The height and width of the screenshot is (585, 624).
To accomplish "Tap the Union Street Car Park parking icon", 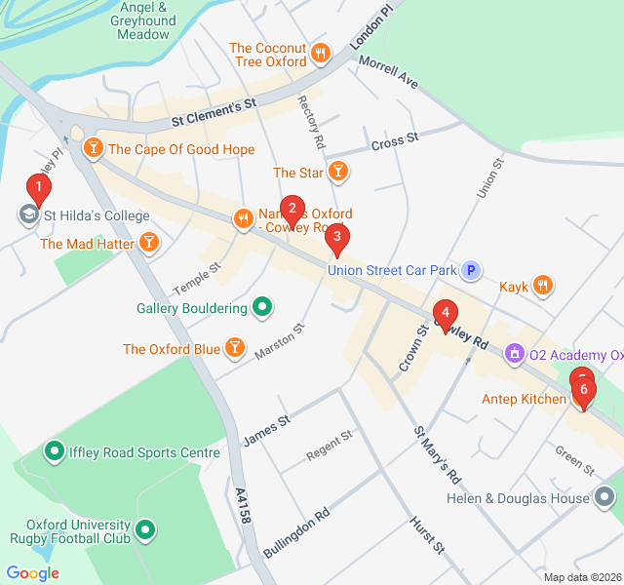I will [471, 270].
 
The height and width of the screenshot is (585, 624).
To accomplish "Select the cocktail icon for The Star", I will [337, 173].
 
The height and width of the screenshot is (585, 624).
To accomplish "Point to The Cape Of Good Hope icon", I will [93, 149].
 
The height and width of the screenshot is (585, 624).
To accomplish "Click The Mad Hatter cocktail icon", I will [148, 243].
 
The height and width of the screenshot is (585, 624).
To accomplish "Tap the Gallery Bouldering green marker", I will [261, 308].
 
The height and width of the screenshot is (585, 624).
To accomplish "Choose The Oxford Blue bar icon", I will [234, 348].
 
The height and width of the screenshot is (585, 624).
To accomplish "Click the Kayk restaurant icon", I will [543, 287].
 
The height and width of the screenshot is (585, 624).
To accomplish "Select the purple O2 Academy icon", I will [514, 355].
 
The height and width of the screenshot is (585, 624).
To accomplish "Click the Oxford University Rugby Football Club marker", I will [145, 529].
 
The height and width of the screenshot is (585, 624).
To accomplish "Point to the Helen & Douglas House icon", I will [604, 498].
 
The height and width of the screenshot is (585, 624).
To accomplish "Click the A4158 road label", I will [243, 507].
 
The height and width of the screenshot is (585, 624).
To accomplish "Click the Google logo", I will [32, 573].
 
